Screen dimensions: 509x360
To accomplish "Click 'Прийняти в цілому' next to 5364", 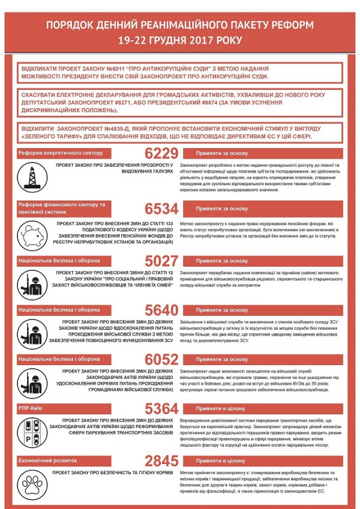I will (x=222, y=409).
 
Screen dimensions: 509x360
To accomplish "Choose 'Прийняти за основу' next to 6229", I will (x=222, y=153).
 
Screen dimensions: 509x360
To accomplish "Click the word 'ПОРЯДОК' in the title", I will (x=74, y=26).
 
